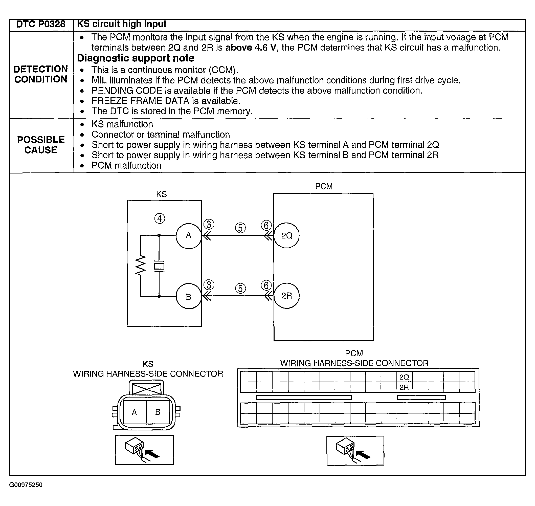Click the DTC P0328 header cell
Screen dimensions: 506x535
41,25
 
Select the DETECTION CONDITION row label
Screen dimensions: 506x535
41,74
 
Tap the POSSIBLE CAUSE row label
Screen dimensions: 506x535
41,145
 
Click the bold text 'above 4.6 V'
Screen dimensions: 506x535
251,48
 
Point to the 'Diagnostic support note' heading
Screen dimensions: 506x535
136,58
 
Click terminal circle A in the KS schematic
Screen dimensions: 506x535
189,236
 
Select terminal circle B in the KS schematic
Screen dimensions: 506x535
189,296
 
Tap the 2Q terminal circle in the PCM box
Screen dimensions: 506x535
287,236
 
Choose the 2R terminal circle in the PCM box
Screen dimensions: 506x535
287,296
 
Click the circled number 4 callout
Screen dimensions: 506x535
160,218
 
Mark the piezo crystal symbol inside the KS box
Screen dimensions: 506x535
159,267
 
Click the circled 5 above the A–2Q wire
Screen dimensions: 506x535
240,228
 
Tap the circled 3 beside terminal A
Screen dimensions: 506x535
209,224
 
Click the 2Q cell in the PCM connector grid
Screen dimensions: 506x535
404,377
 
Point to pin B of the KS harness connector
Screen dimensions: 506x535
158,412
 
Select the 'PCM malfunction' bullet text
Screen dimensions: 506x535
126,165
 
